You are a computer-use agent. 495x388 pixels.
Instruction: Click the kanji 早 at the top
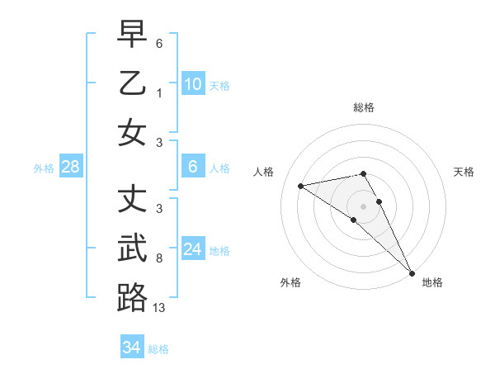(132, 35)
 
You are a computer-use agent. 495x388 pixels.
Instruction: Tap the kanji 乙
(132, 83)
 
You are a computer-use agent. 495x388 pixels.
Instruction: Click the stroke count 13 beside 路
(159, 308)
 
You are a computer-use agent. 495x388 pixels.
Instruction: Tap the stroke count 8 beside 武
(159, 258)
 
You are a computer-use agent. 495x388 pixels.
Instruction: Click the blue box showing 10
(192, 83)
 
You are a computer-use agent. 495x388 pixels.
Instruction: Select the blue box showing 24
(192, 248)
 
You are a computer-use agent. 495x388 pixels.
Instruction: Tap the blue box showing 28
(71, 168)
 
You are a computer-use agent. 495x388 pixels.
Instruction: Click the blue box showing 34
(131, 348)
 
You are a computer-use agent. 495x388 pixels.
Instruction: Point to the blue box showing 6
(192, 167)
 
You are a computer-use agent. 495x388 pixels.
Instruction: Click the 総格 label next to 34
(158, 349)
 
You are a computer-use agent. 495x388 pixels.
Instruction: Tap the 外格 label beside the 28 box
(44, 168)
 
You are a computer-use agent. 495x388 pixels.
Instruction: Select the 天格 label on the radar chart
(464, 172)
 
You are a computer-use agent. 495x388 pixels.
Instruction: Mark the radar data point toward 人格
(300, 186)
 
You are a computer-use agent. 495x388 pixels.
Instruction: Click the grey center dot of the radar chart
(364, 206)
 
